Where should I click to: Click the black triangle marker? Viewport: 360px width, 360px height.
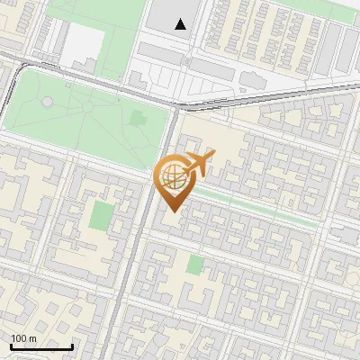(182, 24)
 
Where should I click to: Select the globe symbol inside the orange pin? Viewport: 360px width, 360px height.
(170, 176)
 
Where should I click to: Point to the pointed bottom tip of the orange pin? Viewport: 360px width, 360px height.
(170, 211)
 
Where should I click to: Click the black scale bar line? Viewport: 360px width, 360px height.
(41, 346)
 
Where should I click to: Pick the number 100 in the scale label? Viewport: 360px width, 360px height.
(19, 338)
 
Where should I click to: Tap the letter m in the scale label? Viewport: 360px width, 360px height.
(32, 338)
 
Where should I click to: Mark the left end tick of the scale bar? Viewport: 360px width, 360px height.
(11, 346)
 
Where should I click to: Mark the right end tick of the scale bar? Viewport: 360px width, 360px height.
(72, 346)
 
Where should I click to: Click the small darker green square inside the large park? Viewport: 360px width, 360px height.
(138, 117)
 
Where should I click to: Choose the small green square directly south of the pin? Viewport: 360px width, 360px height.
(195, 265)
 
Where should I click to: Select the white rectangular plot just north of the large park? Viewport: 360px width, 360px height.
(85, 42)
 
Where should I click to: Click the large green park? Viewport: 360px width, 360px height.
(81, 117)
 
